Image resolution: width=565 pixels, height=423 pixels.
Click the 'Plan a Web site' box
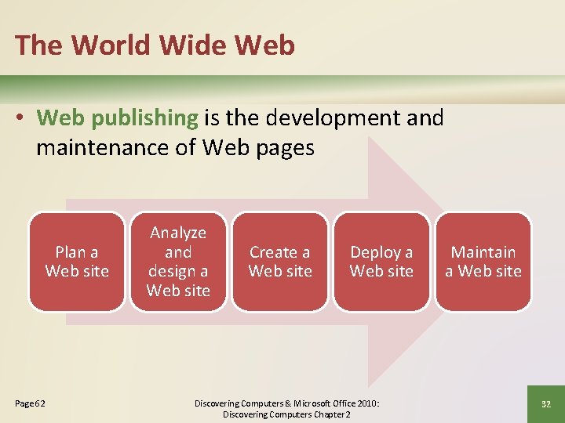point(77,262)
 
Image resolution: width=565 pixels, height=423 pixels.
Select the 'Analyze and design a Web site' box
point(178,262)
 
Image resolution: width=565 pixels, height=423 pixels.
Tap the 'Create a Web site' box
point(280,262)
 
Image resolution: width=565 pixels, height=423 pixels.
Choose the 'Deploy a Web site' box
point(381,262)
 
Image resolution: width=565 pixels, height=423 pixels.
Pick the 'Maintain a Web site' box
point(483,262)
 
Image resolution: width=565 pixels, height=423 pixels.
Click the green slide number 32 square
point(546,403)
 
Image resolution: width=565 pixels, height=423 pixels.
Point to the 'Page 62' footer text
point(31,403)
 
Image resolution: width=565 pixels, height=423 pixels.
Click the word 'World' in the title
point(114,45)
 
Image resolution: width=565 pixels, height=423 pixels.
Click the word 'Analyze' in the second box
point(178,233)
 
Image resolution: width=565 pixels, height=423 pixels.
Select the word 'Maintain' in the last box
point(483,252)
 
